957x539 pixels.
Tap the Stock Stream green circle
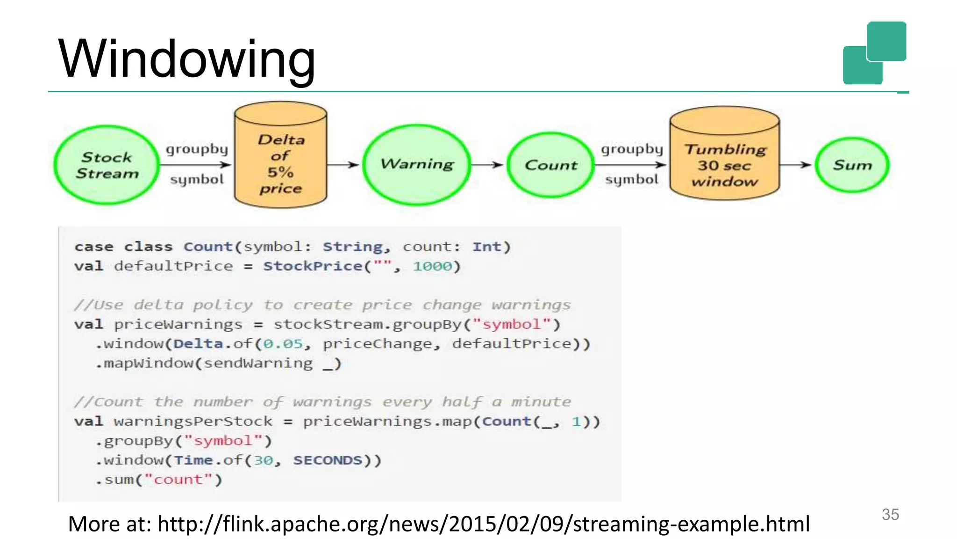tap(107, 165)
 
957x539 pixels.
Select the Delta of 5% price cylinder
tap(280, 159)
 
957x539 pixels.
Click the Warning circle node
tap(417, 164)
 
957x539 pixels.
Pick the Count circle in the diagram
tap(551, 165)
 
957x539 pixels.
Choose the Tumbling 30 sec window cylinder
tap(724, 159)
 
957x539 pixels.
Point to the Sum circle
tap(852, 165)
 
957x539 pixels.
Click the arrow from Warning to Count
tap(487, 165)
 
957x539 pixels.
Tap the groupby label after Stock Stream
tap(197, 149)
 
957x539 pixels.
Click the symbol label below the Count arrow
tap(631, 180)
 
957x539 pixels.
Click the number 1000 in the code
tap(432, 266)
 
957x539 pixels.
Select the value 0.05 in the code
tap(283, 344)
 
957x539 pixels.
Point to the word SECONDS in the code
tap(328, 460)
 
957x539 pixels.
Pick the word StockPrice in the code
tap(313, 266)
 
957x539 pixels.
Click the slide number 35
tap(890, 514)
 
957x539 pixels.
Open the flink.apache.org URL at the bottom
tap(483, 524)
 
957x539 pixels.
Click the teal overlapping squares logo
tap(874, 53)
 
